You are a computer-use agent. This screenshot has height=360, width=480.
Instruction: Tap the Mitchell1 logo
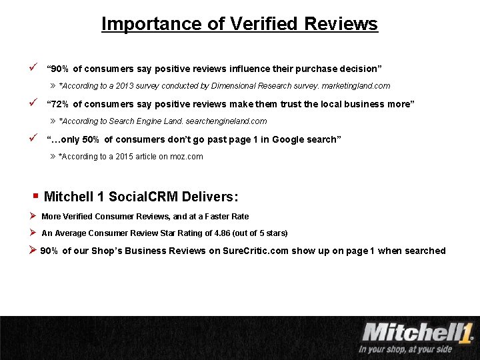click(x=417, y=332)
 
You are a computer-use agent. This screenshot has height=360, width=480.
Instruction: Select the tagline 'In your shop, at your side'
click(x=405, y=349)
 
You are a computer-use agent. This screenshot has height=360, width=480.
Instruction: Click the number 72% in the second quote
click(x=59, y=104)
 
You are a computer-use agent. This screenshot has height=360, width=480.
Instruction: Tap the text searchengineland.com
click(x=229, y=121)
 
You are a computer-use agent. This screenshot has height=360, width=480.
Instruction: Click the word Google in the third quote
click(x=279, y=139)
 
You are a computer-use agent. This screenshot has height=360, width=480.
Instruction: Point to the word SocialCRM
click(x=138, y=197)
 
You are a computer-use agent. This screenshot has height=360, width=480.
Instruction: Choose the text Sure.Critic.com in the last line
click(x=253, y=251)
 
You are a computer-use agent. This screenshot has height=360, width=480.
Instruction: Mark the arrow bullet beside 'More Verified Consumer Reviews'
click(x=33, y=215)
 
